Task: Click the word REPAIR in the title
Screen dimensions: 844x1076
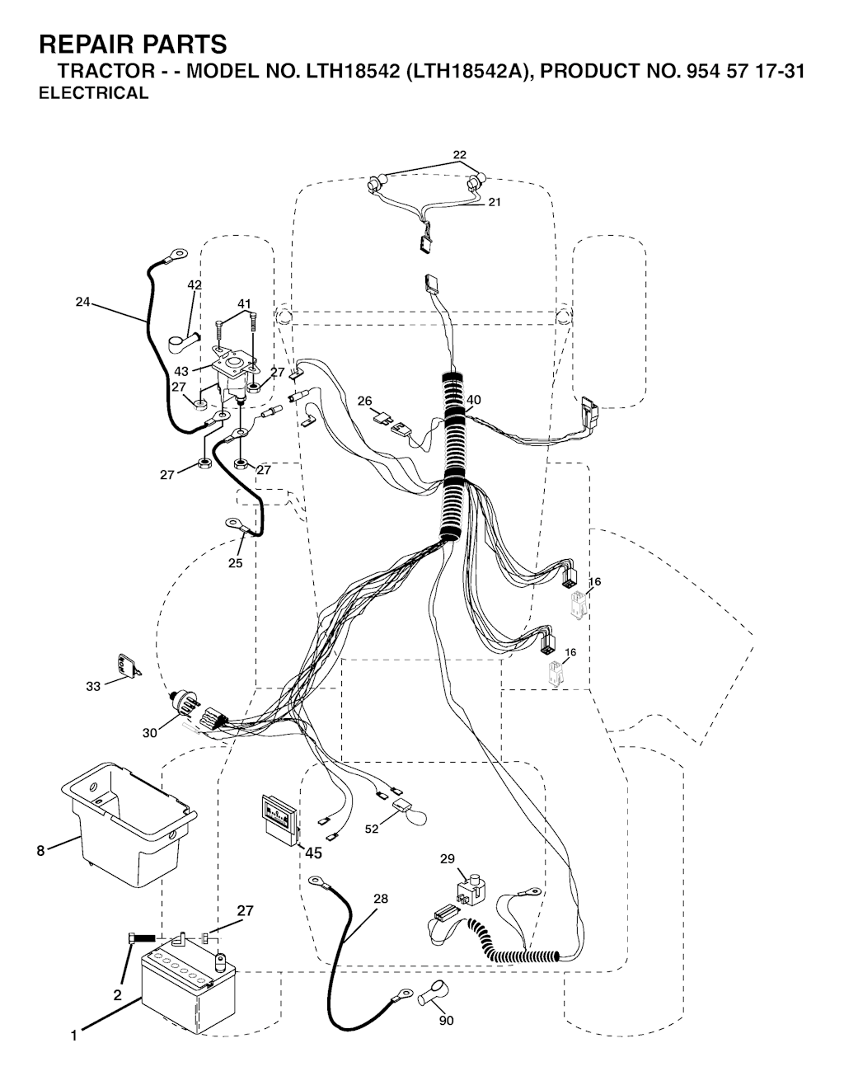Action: (87, 45)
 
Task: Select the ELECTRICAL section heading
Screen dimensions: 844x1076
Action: (94, 93)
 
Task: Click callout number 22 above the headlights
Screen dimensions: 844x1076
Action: (459, 155)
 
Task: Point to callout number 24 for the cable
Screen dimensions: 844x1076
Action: (82, 302)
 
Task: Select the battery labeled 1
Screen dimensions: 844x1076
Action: (188, 993)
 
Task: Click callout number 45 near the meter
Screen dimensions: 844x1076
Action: (313, 853)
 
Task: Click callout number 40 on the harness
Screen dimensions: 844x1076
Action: (474, 400)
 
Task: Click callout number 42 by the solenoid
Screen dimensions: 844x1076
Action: (195, 284)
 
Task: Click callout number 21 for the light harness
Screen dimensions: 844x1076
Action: (495, 202)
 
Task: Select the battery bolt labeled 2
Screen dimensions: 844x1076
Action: (141, 937)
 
